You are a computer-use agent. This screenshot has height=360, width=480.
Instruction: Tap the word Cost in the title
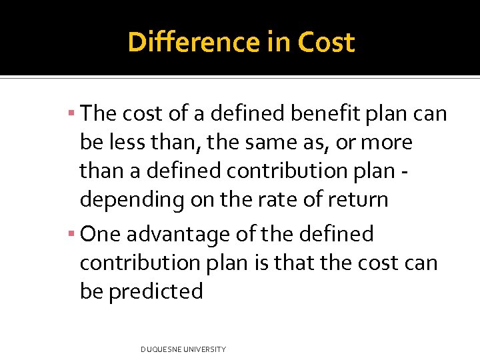pyautogui.click(x=326, y=43)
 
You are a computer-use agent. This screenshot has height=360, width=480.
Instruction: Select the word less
pyautogui.click(x=125, y=142)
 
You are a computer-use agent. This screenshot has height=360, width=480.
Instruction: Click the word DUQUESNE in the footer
pyautogui.click(x=163, y=349)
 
